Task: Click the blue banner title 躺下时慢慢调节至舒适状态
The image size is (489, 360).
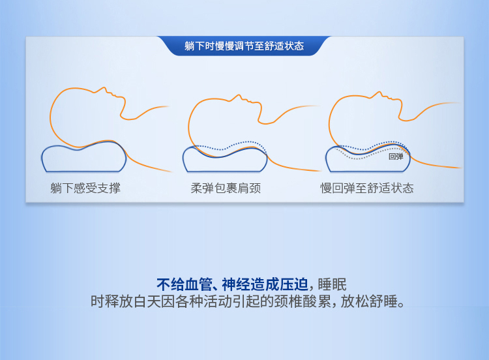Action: (x=244, y=46)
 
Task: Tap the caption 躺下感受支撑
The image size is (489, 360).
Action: (x=85, y=188)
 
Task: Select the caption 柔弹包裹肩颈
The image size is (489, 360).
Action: (x=226, y=188)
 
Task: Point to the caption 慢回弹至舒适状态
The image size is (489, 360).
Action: (x=366, y=188)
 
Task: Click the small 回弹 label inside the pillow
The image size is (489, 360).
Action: (x=396, y=157)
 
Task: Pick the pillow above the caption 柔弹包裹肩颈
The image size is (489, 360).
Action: (x=225, y=159)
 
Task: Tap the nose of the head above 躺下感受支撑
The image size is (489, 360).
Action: (x=104, y=89)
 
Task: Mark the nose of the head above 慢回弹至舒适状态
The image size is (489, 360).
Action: (x=379, y=93)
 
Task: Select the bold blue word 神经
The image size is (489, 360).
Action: (x=236, y=284)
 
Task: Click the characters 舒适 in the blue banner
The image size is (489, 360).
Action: (x=274, y=46)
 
